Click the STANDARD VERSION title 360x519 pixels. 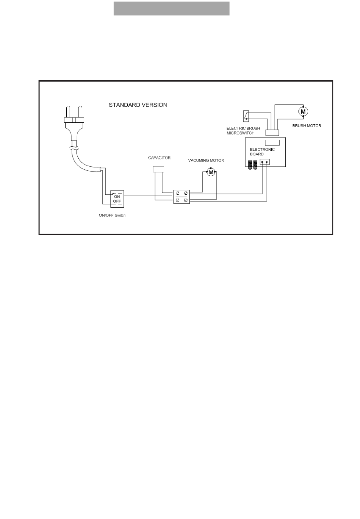click(138, 105)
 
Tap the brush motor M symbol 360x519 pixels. click(303, 111)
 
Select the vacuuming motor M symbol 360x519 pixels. click(211, 172)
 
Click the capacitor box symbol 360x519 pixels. click(158, 169)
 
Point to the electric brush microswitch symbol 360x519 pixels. click(246, 116)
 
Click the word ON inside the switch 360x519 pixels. click(117, 197)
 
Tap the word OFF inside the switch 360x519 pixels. click(117, 201)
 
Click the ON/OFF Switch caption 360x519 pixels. click(112, 215)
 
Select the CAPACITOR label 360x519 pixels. click(159, 158)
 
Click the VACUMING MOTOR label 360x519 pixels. click(206, 160)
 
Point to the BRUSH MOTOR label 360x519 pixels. click(307, 125)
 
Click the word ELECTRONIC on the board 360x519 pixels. click(262, 149)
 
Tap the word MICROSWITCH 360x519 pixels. click(241, 133)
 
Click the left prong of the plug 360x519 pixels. click(68, 112)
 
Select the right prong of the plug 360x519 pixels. click(80, 112)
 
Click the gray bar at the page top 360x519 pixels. click(172, 9)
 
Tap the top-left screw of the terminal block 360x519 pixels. click(178, 193)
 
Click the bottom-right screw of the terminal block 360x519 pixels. click(186, 200)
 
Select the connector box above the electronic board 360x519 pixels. click(272, 133)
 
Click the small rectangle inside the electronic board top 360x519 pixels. click(272, 142)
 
